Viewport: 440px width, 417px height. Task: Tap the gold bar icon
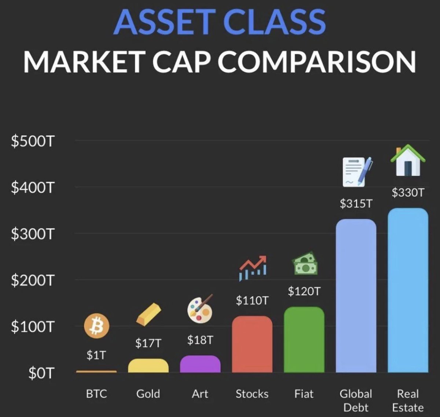pos(148,314)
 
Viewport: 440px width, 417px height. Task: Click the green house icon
pos(408,160)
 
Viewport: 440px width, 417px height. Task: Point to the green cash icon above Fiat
pos(305,264)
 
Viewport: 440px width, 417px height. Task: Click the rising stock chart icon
pos(253,268)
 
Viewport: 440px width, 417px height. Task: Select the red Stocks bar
pos(252,344)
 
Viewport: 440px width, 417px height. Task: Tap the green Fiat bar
pos(304,340)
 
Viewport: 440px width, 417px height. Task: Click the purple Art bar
pos(200,364)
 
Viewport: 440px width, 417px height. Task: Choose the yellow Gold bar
pos(148,366)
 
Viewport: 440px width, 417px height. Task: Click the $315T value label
pos(356,203)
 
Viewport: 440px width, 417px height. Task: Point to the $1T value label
pos(96,355)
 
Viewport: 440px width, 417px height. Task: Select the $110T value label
pos(252,300)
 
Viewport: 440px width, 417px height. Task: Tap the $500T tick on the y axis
pos(33,141)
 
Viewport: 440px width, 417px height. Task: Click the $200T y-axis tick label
pos(33,280)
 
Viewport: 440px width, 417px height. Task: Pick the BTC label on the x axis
pos(96,394)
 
